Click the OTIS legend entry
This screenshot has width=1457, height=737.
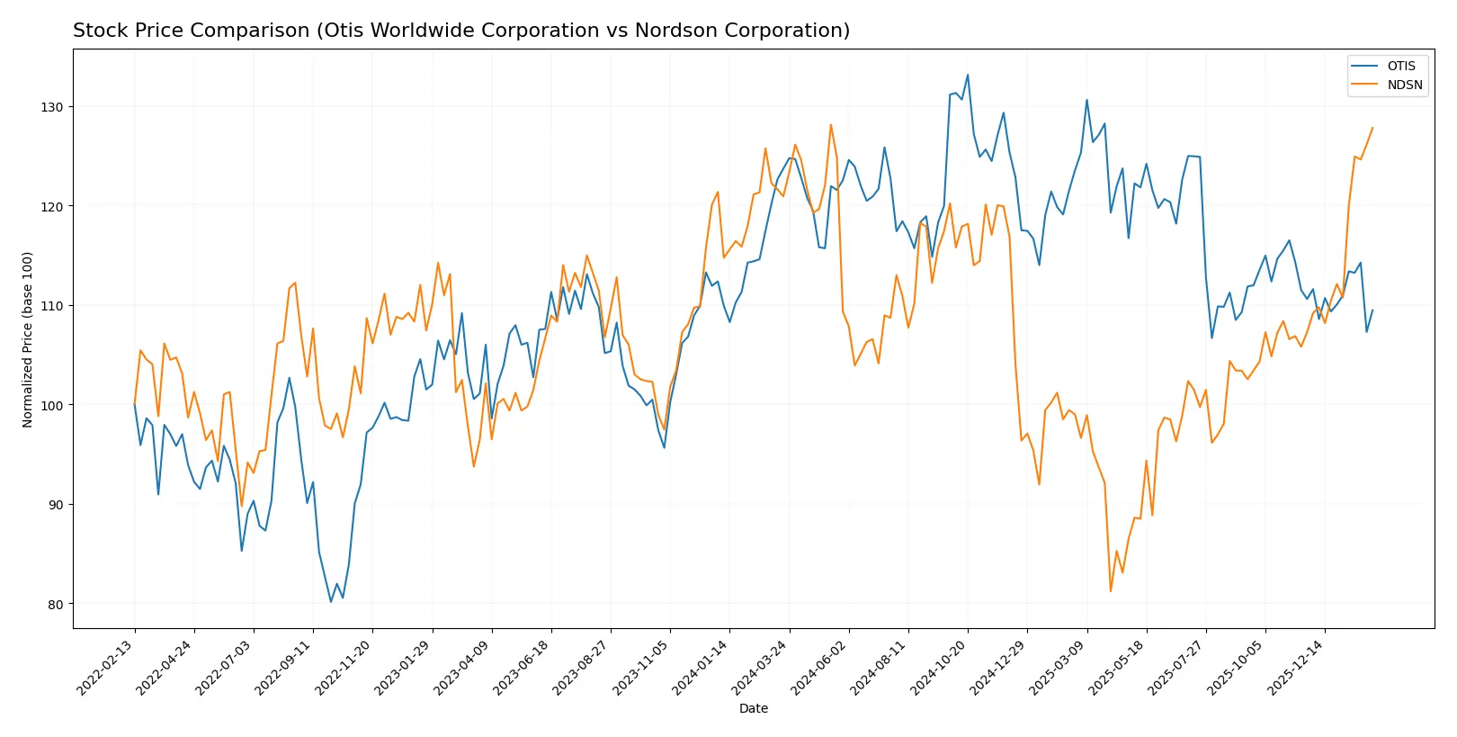pyautogui.click(x=1400, y=66)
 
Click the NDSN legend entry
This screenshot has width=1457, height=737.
pyautogui.click(x=1404, y=85)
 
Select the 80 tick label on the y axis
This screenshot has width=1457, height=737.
pyautogui.click(x=55, y=604)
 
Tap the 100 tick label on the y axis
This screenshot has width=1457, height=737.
pyautogui.click(x=51, y=405)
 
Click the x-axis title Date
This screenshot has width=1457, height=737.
pyautogui.click(x=753, y=709)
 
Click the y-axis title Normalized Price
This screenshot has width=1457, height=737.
pyautogui.click(x=28, y=339)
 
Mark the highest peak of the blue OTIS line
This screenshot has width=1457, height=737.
pyautogui.click(x=968, y=75)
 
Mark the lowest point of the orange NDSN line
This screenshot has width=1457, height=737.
pyautogui.click(x=1111, y=591)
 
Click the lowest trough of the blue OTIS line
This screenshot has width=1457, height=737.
pyautogui.click(x=331, y=602)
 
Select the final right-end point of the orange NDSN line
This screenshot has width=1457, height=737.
pyautogui.click(x=1372, y=128)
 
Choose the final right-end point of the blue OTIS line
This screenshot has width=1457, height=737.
pyautogui.click(x=1372, y=310)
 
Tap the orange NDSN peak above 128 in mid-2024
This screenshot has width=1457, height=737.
pyautogui.click(x=831, y=124)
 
